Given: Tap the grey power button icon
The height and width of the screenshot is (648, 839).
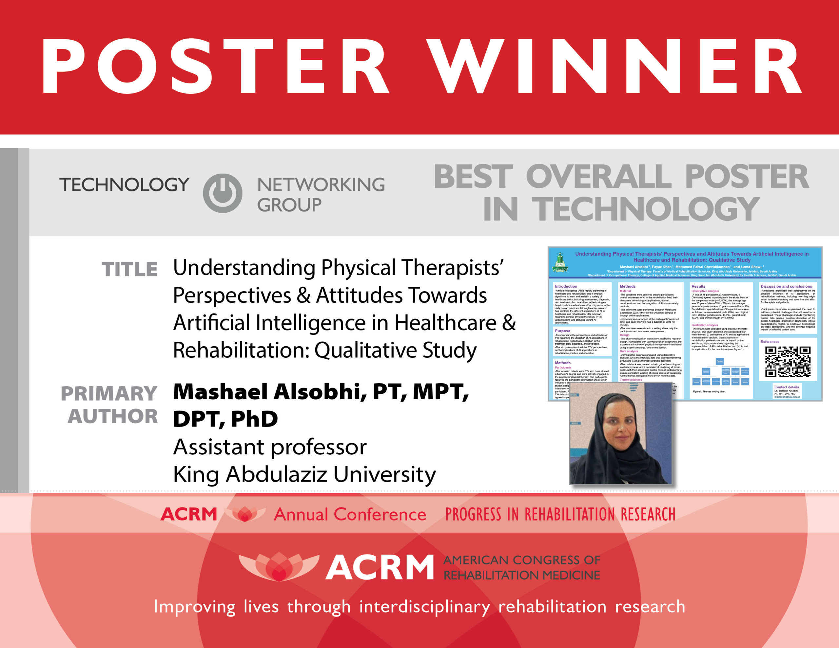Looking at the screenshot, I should click(223, 193).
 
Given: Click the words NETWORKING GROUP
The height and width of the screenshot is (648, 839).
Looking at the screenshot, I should click(321, 194).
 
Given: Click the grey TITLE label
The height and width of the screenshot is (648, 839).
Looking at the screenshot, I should click(129, 269).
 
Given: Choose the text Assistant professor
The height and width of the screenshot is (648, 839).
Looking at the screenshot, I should click(270, 447).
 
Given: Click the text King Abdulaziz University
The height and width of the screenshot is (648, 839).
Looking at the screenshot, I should click(304, 474).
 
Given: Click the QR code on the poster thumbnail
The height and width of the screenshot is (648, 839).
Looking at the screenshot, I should click(788, 361).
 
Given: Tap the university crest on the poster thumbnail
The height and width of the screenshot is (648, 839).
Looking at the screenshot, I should click(560, 263).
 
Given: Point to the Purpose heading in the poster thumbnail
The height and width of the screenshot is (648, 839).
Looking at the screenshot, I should click(562, 331).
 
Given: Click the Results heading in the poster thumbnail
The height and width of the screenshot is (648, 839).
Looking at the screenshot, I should click(698, 286).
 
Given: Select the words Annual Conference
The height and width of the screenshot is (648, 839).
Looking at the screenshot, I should click(350, 514).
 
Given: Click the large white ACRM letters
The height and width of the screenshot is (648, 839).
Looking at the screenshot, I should click(380, 567).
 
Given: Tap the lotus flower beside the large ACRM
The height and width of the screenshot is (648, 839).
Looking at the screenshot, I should click(279, 566).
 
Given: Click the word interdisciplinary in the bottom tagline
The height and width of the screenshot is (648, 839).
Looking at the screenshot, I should click(424, 606).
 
